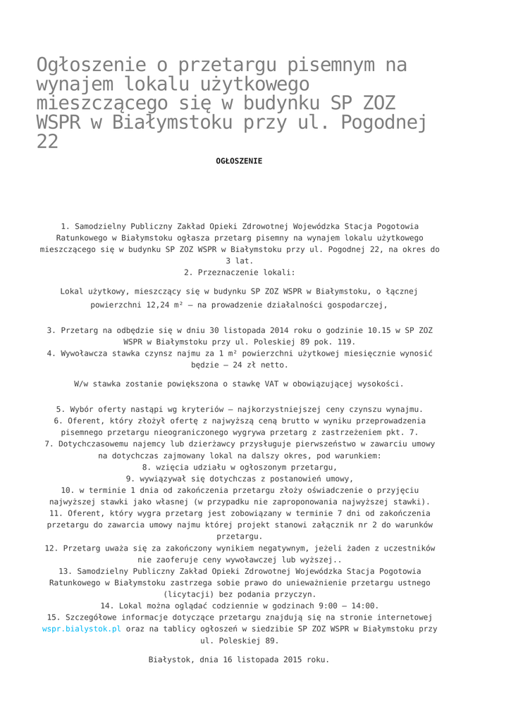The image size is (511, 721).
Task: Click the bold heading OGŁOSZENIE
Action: pyautogui.click(x=239, y=161)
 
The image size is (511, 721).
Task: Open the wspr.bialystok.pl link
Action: pyautogui.click(x=82, y=629)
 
